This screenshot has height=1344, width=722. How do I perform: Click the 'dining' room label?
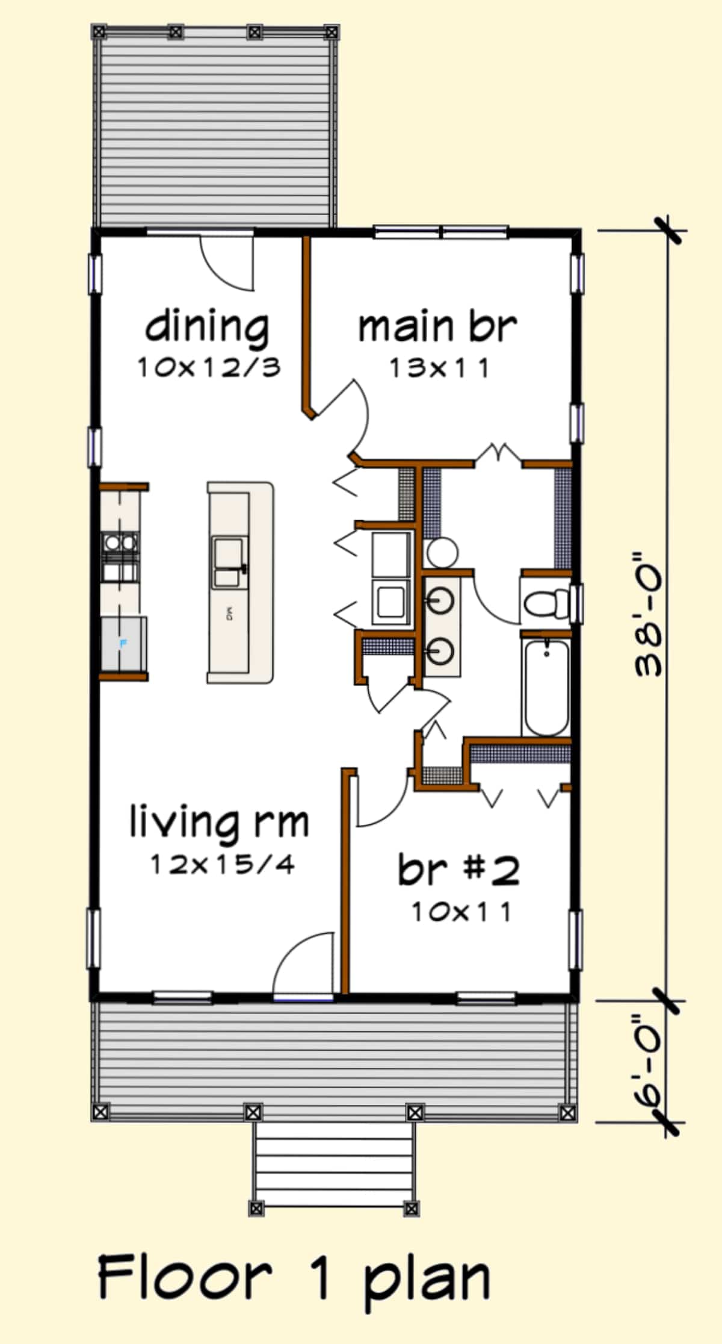point(207,328)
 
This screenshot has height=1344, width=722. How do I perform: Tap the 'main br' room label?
point(437,327)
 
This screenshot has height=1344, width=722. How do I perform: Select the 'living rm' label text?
point(220,823)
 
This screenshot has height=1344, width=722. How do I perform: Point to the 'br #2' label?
point(458,870)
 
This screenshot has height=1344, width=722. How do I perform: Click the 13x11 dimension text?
point(439,369)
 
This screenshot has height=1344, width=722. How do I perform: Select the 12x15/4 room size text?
point(222,865)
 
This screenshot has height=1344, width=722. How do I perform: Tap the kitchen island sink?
point(229,562)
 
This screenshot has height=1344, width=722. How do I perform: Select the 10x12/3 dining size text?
point(209,367)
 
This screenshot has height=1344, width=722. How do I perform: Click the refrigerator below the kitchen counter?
point(123,643)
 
